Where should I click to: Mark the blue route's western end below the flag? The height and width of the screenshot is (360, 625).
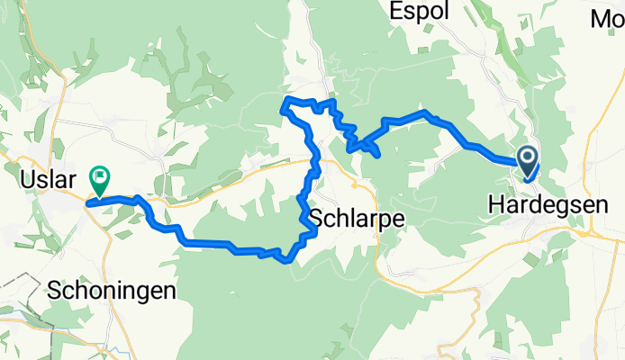tap(88, 203)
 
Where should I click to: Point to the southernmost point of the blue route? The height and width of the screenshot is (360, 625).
tap(285, 262)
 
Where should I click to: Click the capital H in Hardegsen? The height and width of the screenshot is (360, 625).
tap(494, 205)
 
